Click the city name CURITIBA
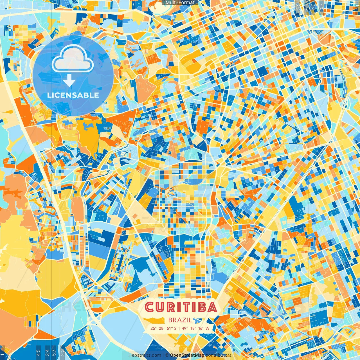181,307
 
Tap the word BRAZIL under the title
180,320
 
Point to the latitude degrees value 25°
153,328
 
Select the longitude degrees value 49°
185,328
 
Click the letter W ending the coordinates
207,328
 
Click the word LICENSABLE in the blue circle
73,95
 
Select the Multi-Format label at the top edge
180,3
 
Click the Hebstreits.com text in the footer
145,355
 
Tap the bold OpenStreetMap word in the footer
187,355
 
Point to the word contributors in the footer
218,355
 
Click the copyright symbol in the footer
167,355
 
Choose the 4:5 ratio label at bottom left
38,352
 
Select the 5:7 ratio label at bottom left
54,352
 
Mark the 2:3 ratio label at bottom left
62,352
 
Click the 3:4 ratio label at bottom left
47,352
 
